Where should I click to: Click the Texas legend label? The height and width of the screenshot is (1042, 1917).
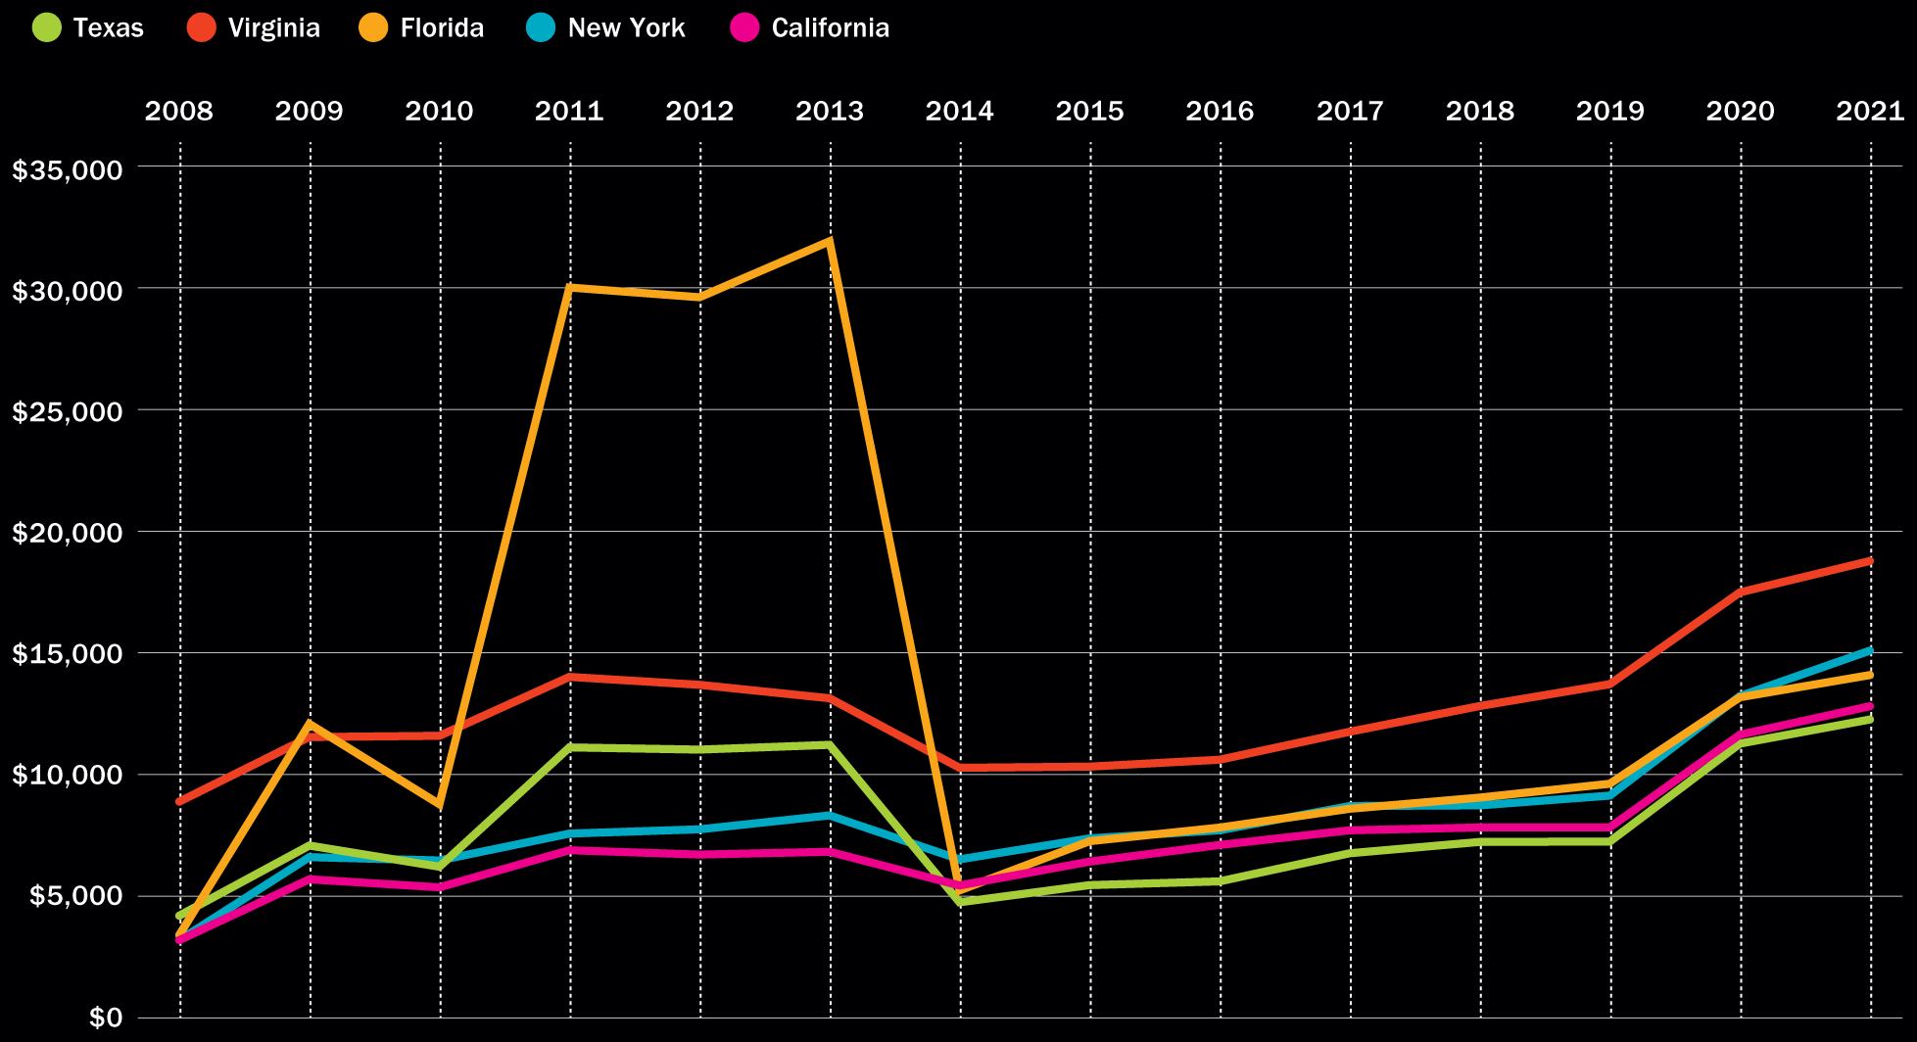(x=108, y=27)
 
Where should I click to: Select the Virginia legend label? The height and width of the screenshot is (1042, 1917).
(x=273, y=27)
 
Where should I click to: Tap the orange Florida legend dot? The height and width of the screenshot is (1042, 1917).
(x=372, y=27)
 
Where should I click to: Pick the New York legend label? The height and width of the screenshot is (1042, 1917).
(x=626, y=27)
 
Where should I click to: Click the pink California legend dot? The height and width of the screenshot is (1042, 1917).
(x=745, y=27)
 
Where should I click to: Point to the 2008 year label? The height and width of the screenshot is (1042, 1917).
(x=178, y=111)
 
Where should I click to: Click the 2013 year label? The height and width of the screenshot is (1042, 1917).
(x=830, y=111)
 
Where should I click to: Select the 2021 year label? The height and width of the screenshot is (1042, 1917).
(x=1870, y=111)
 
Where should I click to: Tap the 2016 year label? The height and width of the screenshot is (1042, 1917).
(x=1220, y=111)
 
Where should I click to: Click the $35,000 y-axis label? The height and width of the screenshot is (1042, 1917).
(x=68, y=169)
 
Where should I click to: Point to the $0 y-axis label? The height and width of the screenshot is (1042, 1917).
(x=106, y=1018)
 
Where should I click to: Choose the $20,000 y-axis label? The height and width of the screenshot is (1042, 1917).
(x=68, y=533)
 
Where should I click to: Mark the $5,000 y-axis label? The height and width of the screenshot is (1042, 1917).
(x=74, y=896)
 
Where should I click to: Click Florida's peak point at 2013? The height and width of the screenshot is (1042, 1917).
(x=830, y=241)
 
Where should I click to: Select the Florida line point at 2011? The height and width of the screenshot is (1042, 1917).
(x=570, y=287)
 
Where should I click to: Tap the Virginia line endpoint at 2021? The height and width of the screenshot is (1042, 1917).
(x=1870, y=561)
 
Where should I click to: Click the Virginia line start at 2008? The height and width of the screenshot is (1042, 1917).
(x=180, y=801)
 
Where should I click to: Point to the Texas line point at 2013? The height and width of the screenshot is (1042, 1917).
(x=830, y=744)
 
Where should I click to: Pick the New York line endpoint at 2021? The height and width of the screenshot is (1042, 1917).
(x=1870, y=649)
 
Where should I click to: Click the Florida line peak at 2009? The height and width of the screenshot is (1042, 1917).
(x=310, y=724)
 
